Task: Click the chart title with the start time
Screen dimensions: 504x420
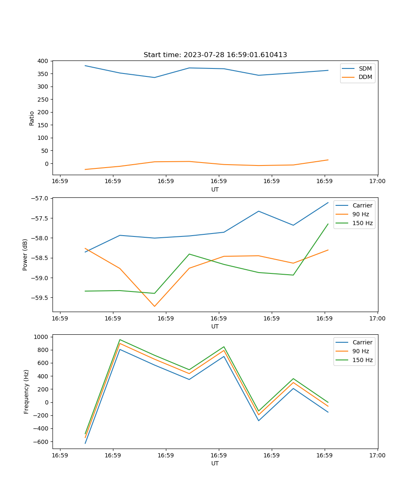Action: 215,55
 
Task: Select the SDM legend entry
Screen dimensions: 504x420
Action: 365,68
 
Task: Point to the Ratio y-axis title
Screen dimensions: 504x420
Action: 32,118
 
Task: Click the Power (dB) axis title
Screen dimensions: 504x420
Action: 25,255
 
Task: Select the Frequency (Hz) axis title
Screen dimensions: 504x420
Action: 26,391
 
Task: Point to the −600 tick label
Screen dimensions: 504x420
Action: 41,442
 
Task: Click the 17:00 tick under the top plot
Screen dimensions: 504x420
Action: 377,181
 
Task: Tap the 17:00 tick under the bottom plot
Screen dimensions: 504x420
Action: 377,455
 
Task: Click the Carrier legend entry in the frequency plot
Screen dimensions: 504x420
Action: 362,342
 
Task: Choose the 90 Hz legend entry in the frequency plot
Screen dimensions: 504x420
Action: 362,351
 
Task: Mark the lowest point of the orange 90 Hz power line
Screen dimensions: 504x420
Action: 155,306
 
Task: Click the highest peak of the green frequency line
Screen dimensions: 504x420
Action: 120,339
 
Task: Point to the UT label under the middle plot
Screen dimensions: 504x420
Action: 215,326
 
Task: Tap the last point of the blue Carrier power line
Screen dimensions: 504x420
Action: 328,202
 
